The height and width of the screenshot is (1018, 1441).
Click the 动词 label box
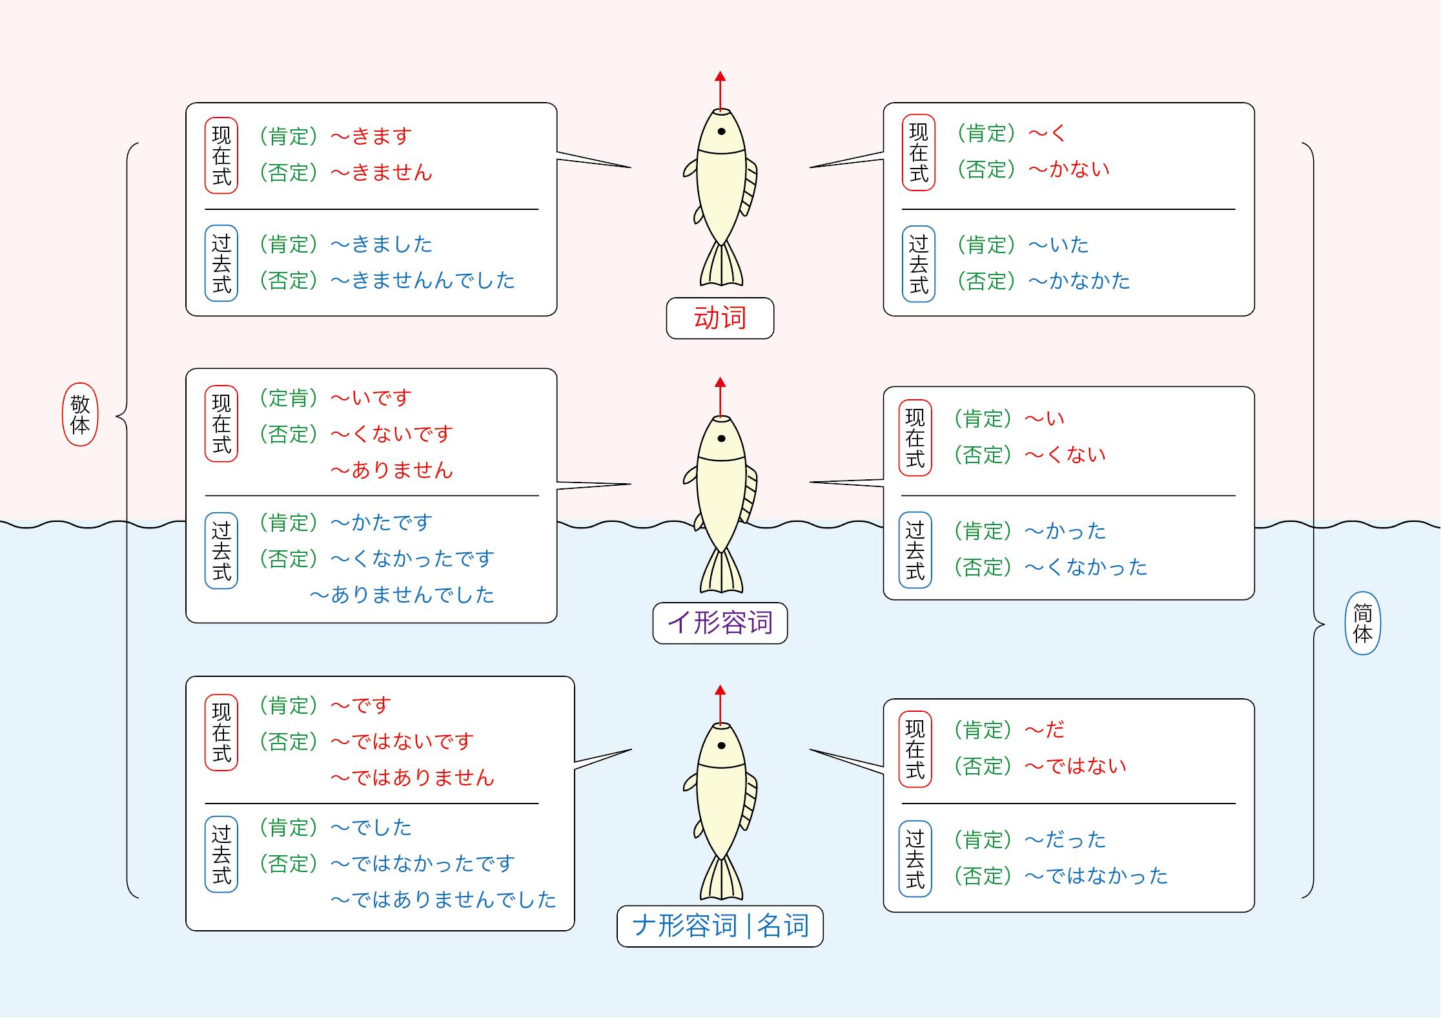[720, 318]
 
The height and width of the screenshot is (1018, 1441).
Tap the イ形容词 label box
[720, 623]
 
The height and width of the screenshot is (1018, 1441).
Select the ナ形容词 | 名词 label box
[720, 926]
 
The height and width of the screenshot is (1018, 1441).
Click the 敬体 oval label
[80, 414]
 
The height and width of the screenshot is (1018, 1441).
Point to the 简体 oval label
[1362, 623]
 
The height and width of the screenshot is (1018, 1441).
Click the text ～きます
[371, 136]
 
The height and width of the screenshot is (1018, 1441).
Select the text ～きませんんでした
[423, 280]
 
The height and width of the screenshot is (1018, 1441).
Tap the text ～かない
[1069, 169]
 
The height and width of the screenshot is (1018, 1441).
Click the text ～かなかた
[1079, 281]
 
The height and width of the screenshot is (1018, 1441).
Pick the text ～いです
[371, 398]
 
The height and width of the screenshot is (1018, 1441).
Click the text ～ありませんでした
[402, 595]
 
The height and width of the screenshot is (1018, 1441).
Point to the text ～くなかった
[1086, 567]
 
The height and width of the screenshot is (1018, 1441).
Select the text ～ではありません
[412, 778]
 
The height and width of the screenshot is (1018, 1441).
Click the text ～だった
[1065, 840]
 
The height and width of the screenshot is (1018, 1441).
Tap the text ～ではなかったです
[423, 864]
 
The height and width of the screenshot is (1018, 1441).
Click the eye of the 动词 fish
[721, 132]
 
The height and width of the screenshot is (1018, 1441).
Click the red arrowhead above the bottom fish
[720, 690]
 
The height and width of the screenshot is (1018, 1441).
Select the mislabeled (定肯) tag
[288, 398]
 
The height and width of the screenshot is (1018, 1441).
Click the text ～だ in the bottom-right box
[1045, 730]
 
